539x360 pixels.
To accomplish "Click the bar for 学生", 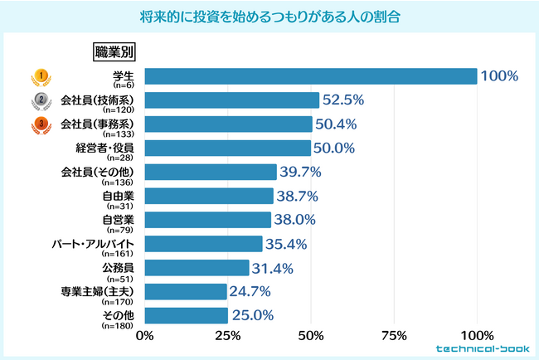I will pyautogui.click(x=311, y=76).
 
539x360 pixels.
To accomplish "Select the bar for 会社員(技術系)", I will pyautogui.click(x=232, y=100).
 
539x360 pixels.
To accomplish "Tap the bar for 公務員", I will pyautogui.click(x=197, y=268).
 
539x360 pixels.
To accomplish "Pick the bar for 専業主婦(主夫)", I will pyautogui.click(x=186, y=292).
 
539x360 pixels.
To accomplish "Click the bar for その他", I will pyautogui.click(x=187, y=316).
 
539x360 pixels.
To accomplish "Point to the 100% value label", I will pyautogui.click(x=499, y=76).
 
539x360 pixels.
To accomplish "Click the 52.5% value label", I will pyautogui.click(x=343, y=100).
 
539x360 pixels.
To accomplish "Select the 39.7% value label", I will pyautogui.click(x=300, y=173).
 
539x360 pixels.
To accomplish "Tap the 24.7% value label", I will pyautogui.click(x=250, y=292).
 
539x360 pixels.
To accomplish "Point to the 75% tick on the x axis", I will pyautogui.click(x=394, y=336).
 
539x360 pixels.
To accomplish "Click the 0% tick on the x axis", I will pyautogui.click(x=145, y=336).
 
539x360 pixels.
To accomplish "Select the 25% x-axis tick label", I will pyautogui.click(x=228, y=336).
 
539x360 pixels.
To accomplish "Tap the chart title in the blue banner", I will pyautogui.click(x=269, y=17).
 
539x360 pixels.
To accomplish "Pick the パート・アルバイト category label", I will pyautogui.click(x=94, y=245).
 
